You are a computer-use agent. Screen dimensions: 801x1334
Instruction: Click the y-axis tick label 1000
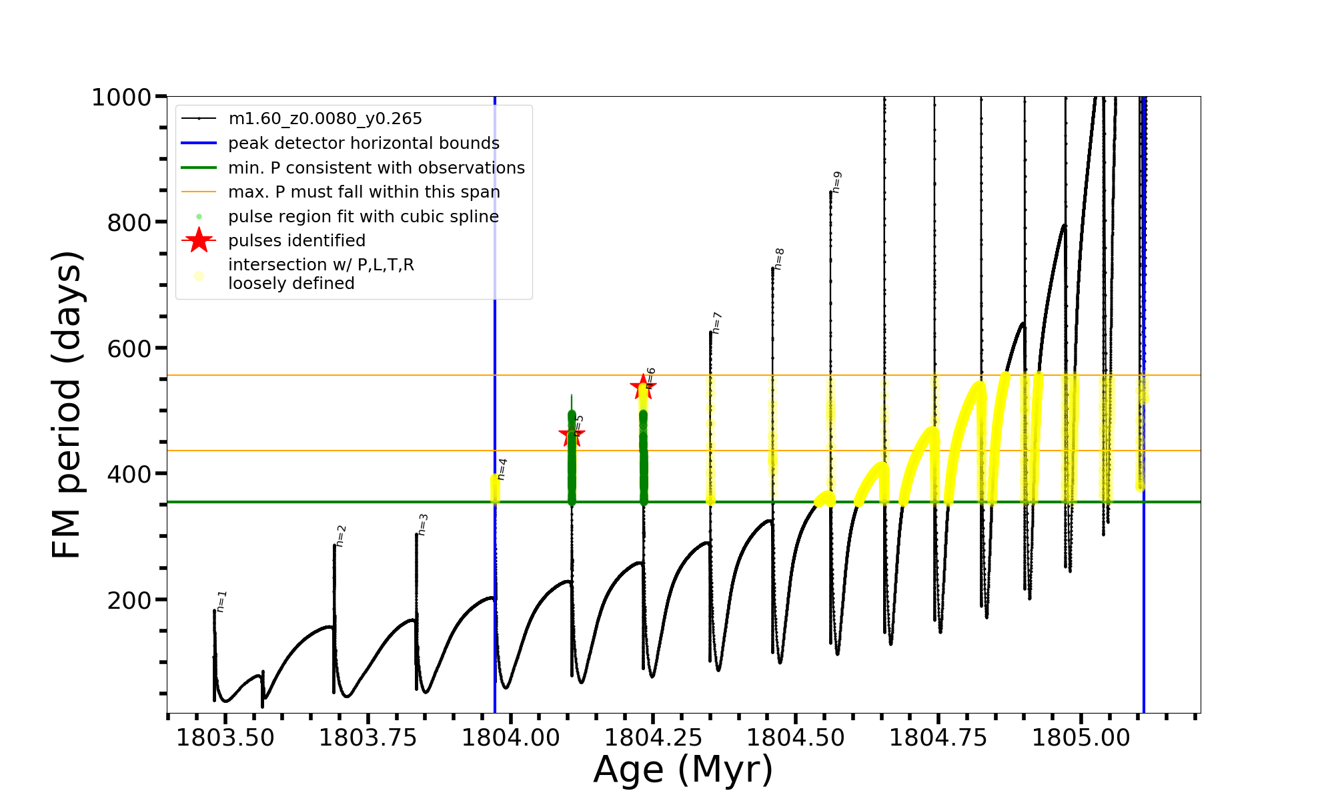(121, 98)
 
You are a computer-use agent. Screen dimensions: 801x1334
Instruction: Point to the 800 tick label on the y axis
(129, 223)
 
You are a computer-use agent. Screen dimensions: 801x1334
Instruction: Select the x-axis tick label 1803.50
(225, 738)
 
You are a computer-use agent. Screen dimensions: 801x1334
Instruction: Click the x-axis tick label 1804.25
(653, 738)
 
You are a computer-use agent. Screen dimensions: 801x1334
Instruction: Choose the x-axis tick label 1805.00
(1081, 738)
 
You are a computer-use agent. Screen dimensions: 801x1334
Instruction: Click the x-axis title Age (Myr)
(683, 770)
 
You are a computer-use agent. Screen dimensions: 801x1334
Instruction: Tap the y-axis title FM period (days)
(67, 405)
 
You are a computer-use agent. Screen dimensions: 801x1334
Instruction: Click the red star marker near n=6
(643, 386)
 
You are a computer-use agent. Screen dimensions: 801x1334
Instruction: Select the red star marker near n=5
(572, 436)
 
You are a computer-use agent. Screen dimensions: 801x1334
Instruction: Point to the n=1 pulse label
(222, 601)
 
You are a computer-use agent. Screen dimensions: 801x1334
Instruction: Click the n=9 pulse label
(837, 182)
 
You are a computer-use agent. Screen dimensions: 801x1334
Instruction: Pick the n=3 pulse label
(423, 524)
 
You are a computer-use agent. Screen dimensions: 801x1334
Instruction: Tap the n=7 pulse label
(717, 322)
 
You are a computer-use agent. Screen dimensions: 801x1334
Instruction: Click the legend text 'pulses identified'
(297, 241)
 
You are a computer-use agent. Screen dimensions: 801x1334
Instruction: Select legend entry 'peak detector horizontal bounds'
(364, 144)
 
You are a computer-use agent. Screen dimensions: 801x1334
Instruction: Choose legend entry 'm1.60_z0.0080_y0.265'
(325, 119)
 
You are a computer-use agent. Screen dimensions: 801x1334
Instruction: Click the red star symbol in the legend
(199, 240)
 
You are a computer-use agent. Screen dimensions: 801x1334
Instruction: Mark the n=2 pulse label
(341, 536)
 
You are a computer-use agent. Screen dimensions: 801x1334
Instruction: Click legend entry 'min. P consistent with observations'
(376, 168)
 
